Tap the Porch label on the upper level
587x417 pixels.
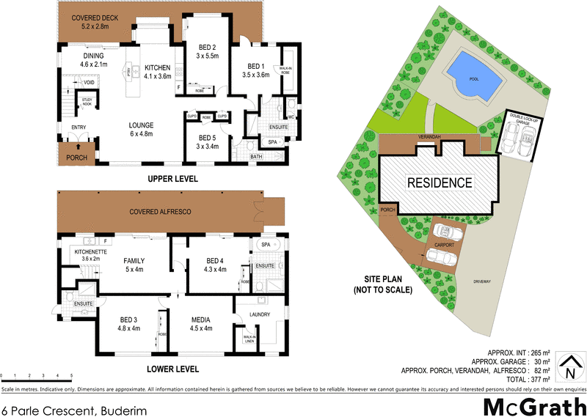click(x=76, y=158)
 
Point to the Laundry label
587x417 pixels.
click(x=260, y=314)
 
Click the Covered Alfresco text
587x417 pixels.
click(x=160, y=211)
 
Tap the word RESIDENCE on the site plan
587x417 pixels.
click(x=440, y=182)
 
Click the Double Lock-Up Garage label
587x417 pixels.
click(x=518, y=118)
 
